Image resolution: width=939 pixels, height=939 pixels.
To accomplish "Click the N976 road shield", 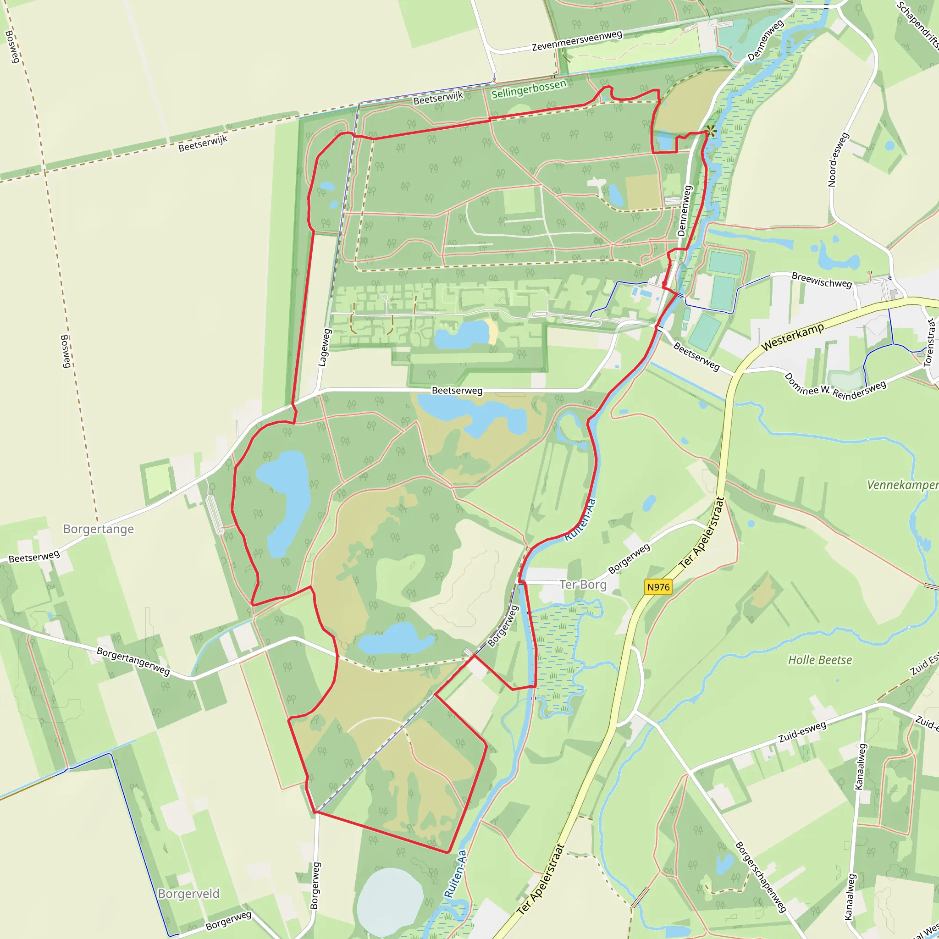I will click(658, 587).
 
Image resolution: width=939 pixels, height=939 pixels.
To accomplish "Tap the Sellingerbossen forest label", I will click(529, 89).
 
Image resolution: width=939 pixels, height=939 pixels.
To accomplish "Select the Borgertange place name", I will click(98, 529).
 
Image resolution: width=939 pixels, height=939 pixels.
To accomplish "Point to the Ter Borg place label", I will click(583, 584).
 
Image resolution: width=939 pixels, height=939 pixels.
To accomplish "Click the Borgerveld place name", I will click(188, 894).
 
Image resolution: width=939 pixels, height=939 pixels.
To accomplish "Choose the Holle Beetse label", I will click(820, 660).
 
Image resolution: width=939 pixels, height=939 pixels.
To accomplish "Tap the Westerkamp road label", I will click(793, 337).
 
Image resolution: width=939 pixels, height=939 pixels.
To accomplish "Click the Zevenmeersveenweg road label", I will click(577, 41).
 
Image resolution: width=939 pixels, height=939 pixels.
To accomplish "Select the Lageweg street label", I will click(324, 348).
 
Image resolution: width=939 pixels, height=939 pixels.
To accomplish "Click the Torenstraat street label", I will click(929, 342).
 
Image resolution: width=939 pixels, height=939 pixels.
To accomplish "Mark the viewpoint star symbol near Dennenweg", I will click(711, 131).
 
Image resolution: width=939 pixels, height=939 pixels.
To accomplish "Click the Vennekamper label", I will click(902, 485).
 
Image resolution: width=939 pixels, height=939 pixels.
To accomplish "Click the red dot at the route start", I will click(664, 283).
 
